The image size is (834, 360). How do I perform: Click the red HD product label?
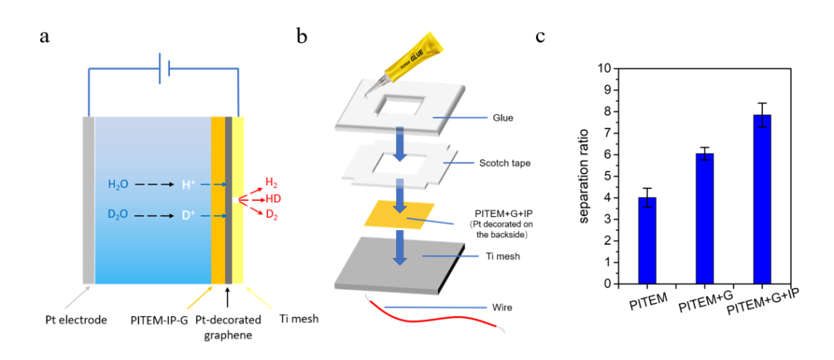pyautogui.click(x=273, y=198)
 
